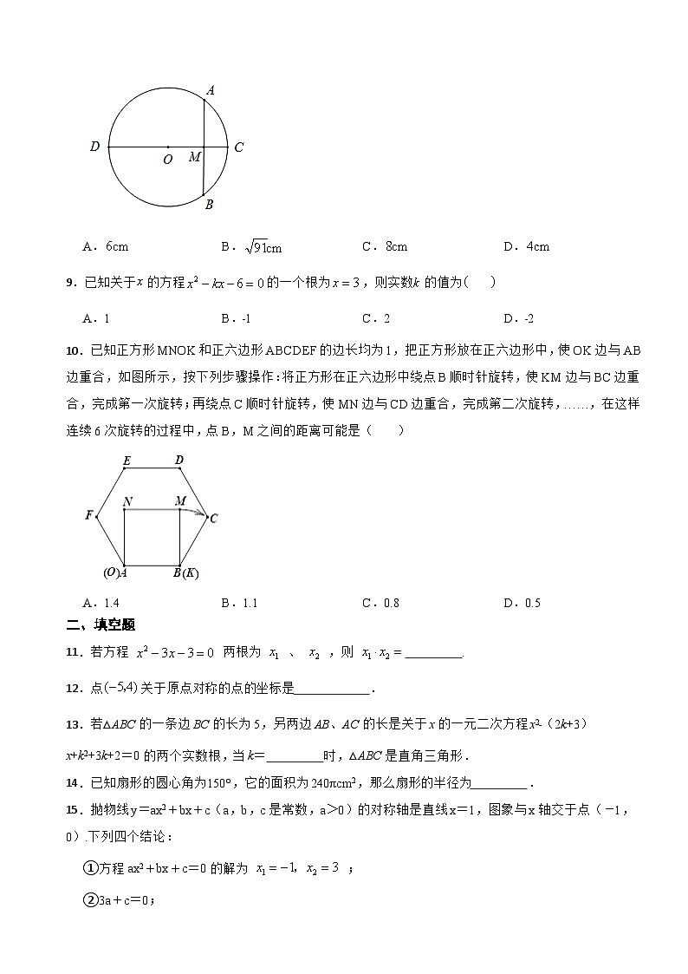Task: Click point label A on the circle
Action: click(x=211, y=89)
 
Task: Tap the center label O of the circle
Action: click(x=167, y=160)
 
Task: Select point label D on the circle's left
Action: click(x=94, y=147)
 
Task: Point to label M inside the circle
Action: click(x=194, y=157)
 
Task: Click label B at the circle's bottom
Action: click(x=209, y=205)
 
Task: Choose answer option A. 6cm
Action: click(x=105, y=246)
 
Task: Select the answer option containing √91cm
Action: click(x=251, y=247)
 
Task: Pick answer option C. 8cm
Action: click(x=385, y=246)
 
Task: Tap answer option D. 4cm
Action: click(x=526, y=246)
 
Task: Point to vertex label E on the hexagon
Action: click(x=126, y=460)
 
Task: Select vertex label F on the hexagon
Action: click(x=88, y=515)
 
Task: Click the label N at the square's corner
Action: click(x=127, y=501)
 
